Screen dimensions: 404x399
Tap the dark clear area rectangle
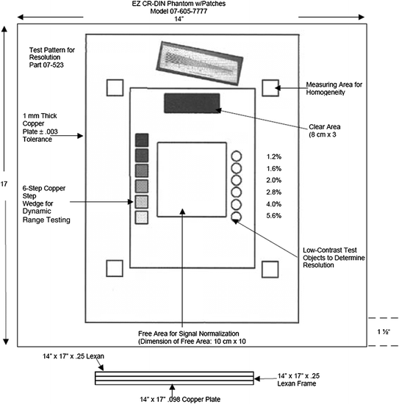[x=192, y=104]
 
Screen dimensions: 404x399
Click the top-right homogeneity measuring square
[x=269, y=87]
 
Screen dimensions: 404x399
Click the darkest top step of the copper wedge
[x=143, y=139]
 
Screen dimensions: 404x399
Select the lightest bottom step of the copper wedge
[x=143, y=217]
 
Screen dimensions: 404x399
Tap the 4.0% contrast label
[x=273, y=203]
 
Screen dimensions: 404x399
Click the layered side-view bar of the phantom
[x=174, y=378]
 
